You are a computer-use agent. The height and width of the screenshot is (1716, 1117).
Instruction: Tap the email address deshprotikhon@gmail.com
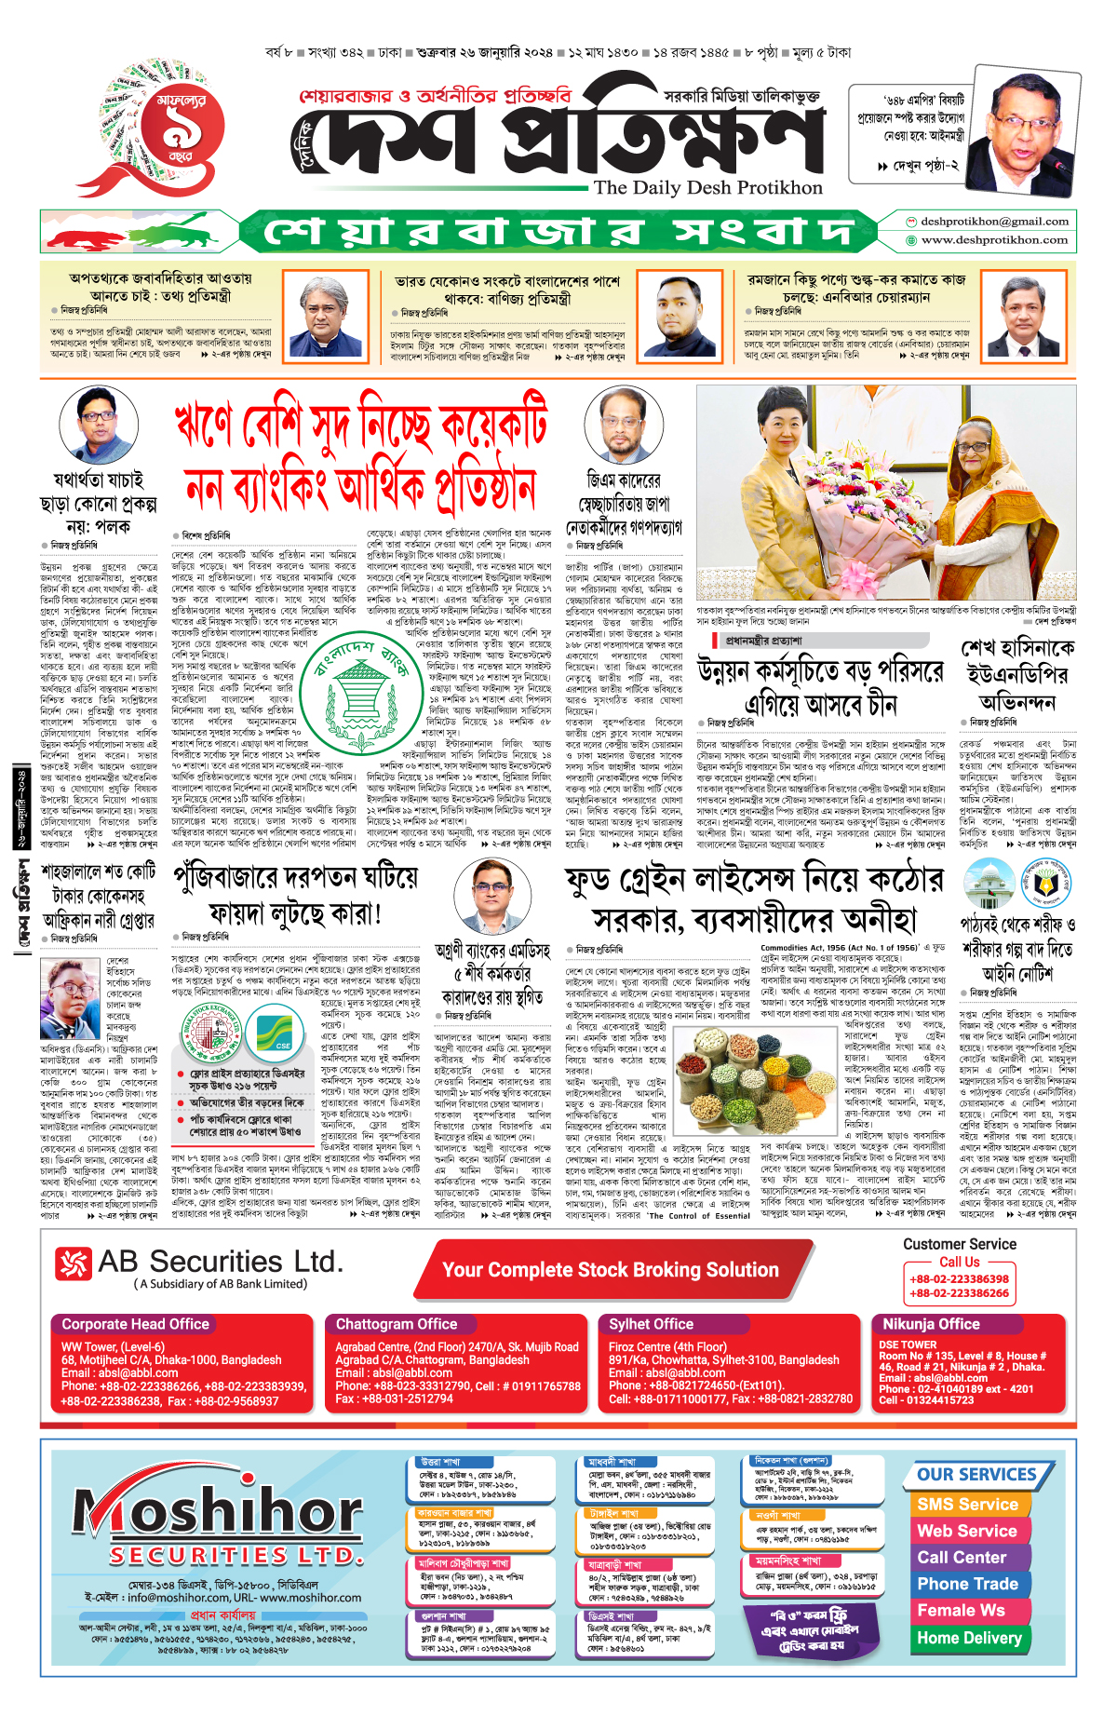click(x=993, y=222)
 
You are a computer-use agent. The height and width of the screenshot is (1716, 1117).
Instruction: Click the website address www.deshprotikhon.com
click(x=994, y=240)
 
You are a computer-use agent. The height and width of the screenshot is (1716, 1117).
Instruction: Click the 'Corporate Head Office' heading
click(x=135, y=1323)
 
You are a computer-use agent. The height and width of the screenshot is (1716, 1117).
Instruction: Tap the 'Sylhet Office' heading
click(x=651, y=1323)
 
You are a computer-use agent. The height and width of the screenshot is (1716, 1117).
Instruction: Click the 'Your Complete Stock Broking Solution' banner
click(x=610, y=1270)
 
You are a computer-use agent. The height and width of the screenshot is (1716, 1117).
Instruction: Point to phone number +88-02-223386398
click(x=959, y=1279)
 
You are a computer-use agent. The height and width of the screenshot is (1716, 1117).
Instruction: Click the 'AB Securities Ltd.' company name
click(x=220, y=1262)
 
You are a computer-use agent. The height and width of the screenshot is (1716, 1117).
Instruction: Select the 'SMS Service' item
click(x=967, y=1504)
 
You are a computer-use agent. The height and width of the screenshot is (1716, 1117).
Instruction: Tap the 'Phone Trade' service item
click(x=967, y=1584)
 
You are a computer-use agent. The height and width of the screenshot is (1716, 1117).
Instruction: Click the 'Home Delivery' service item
click(x=969, y=1637)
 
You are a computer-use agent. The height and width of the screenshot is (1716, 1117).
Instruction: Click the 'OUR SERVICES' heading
click(x=976, y=1474)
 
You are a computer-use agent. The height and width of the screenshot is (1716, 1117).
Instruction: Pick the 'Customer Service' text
click(x=959, y=1244)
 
